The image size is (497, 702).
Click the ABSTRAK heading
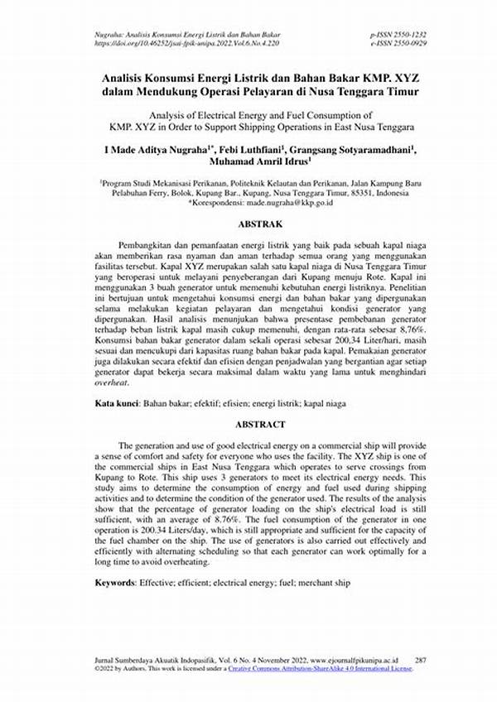[x=260, y=224]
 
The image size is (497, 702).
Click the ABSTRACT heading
[x=261, y=425]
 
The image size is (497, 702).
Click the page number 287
[x=420, y=660]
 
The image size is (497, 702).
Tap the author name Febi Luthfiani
[x=267, y=150]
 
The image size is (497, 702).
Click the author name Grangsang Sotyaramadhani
[x=360, y=150]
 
